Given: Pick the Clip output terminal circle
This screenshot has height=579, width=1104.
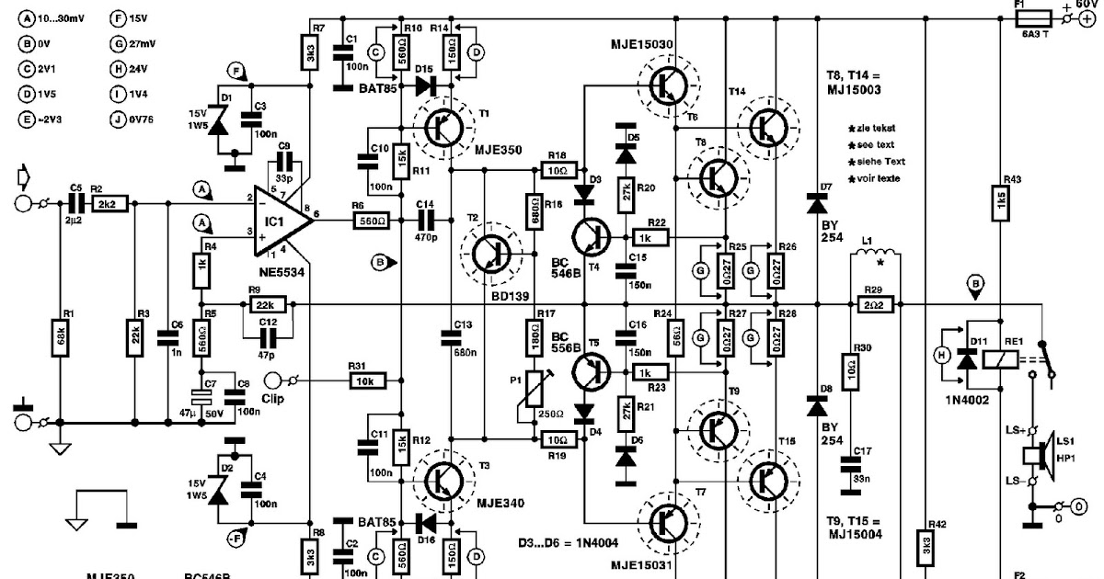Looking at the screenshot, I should point(274,379).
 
